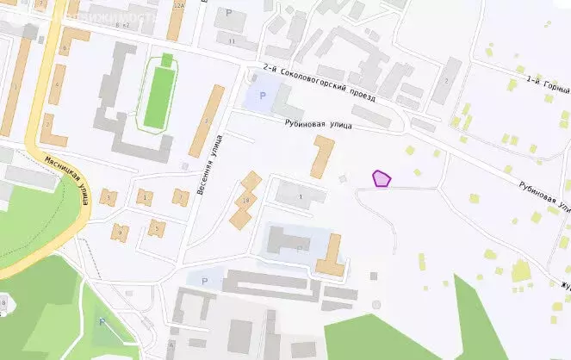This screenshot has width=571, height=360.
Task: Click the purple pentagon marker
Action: point(382,178)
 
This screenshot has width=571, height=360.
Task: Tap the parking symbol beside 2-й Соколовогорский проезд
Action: point(262,96)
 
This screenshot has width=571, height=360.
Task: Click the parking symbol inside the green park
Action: point(102,322)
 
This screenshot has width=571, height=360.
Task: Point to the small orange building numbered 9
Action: point(120,231)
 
